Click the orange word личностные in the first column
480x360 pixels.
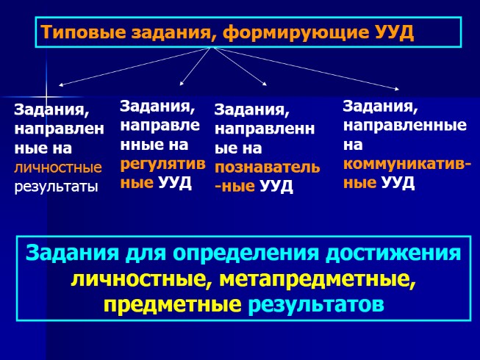(57, 168)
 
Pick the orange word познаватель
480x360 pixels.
(267, 167)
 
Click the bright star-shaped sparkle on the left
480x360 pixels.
(46, 96)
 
